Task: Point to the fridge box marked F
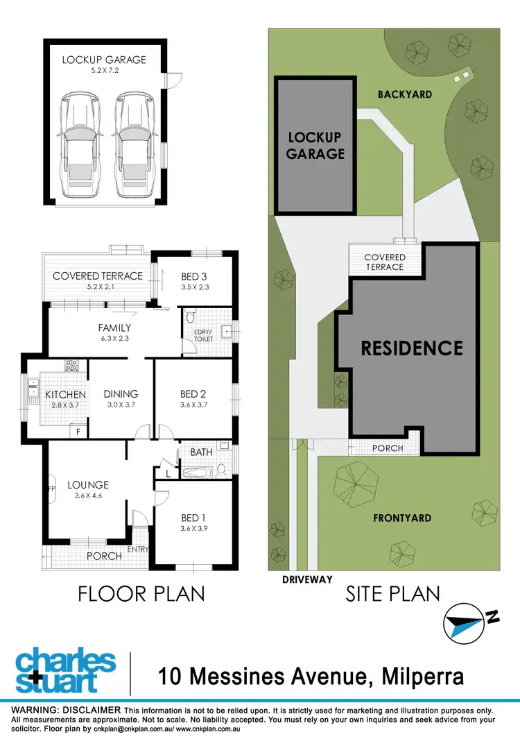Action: (x=78, y=431)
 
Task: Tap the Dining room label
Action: (x=121, y=393)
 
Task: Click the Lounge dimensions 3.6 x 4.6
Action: (x=88, y=495)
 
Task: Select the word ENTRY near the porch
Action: (x=139, y=550)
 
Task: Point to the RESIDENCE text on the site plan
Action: (x=412, y=348)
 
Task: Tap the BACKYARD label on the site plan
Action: (x=405, y=94)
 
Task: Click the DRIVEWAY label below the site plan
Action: (x=306, y=579)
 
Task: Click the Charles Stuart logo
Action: (x=65, y=671)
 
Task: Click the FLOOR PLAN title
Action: (x=141, y=594)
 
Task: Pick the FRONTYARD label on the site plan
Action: (x=403, y=518)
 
